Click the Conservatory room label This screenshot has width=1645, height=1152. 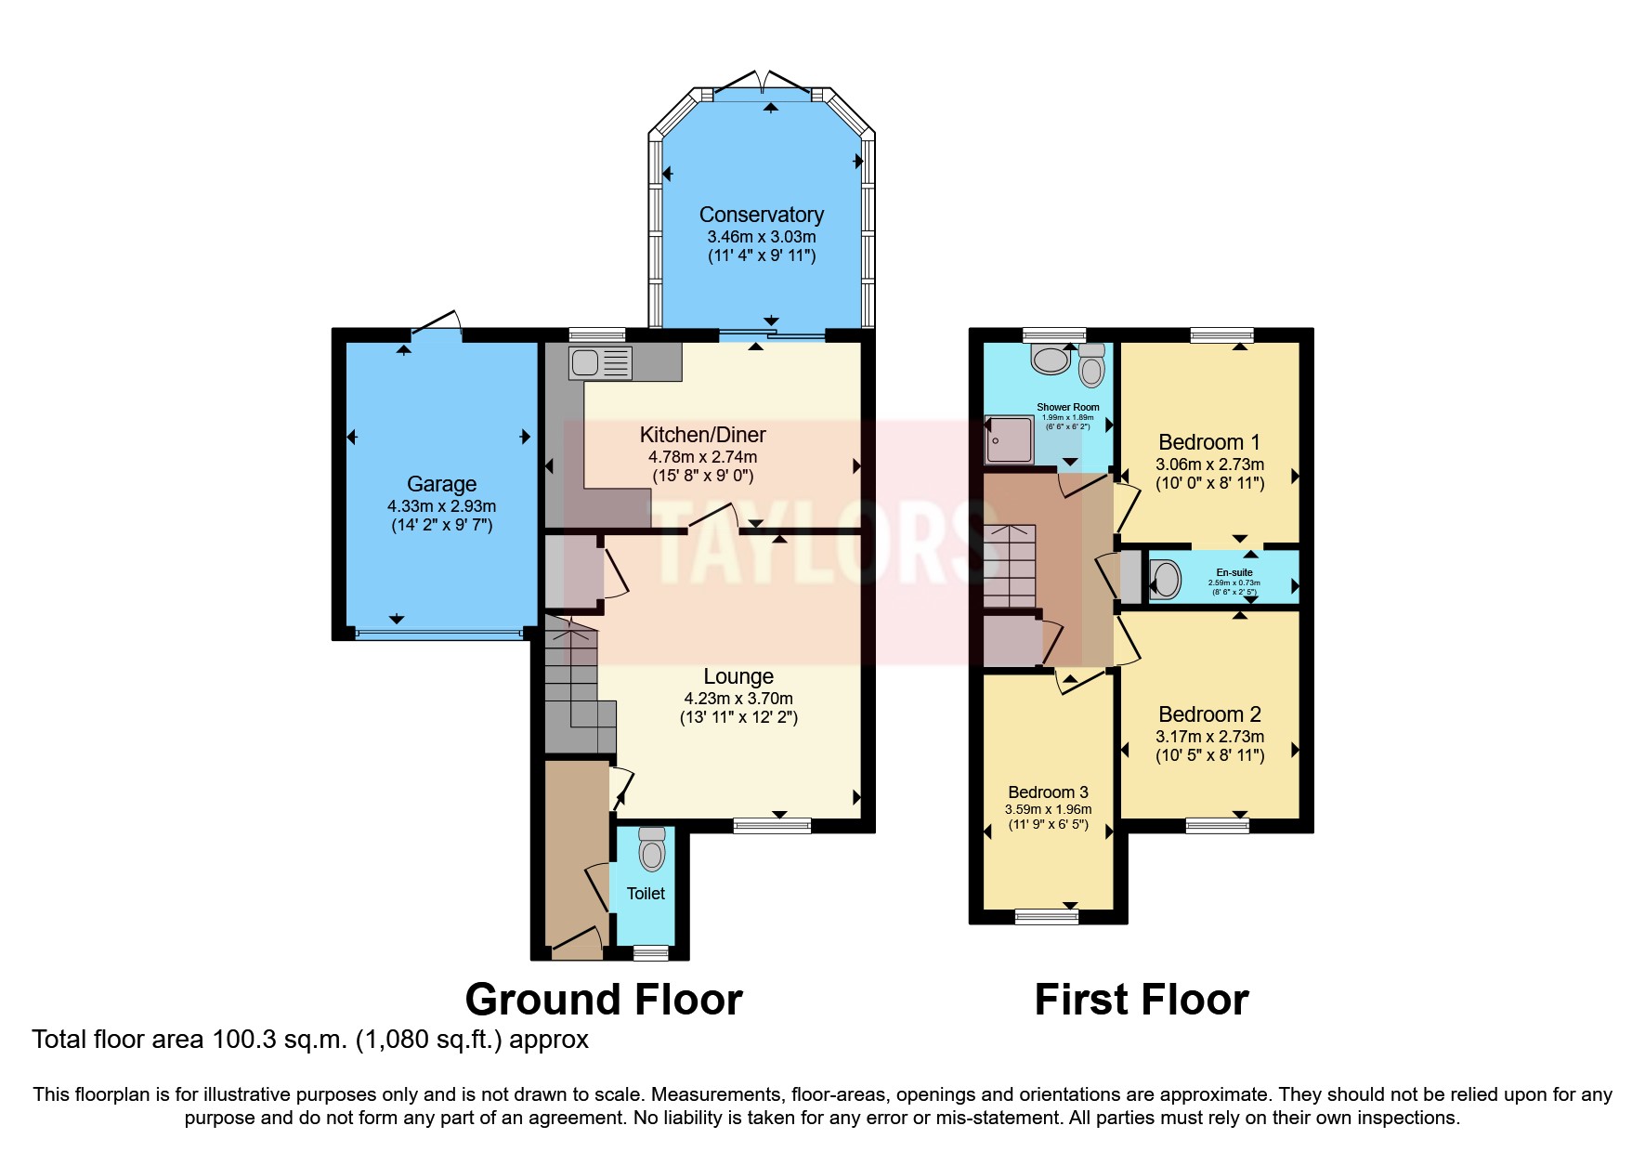(x=761, y=215)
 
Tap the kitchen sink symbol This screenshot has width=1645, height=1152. (x=601, y=362)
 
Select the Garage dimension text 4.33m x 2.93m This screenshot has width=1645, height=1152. (x=441, y=506)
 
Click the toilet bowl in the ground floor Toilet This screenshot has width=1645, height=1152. (x=652, y=852)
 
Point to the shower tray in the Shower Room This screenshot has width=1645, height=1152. (x=1010, y=440)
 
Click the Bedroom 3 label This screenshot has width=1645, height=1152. (x=1048, y=792)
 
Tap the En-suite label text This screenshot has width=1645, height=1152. (x=1234, y=572)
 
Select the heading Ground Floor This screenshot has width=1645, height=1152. (x=604, y=1000)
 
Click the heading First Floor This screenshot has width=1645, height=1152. (x=1142, y=1000)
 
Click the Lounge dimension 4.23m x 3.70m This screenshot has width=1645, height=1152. (x=738, y=699)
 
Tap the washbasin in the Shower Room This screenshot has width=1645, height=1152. (x=1051, y=360)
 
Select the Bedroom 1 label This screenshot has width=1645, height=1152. (x=1209, y=442)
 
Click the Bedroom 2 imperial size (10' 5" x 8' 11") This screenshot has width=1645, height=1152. (x=1209, y=755)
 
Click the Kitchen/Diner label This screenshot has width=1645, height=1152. (x=702, y=435)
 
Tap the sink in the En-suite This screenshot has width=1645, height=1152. (x=1166, y=580)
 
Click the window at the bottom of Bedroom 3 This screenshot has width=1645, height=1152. (x=1047, y=917)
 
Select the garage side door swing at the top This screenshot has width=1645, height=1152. (x=437, y=323)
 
